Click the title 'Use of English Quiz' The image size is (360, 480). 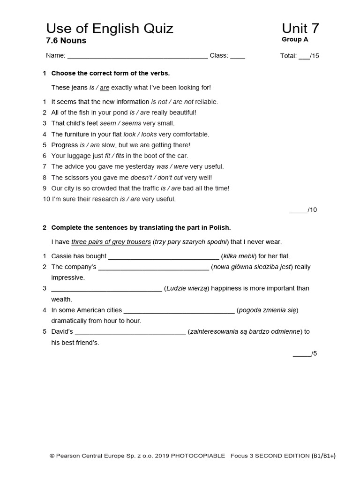coord(110,29)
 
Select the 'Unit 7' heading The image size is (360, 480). coord(300,29)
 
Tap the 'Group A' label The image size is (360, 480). coord(295,40)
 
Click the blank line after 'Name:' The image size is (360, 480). coord(137,56)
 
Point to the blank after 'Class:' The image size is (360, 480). coord(237,56)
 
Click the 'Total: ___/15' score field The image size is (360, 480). coord(300,56)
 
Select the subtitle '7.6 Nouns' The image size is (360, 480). coord(66,41)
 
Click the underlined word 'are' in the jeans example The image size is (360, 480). coord(105,88)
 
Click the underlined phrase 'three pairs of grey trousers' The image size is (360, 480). coord(111,242)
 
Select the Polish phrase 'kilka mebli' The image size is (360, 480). coord(239,256)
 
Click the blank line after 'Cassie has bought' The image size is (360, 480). coord(164,257)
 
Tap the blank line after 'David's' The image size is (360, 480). coord(130,332)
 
